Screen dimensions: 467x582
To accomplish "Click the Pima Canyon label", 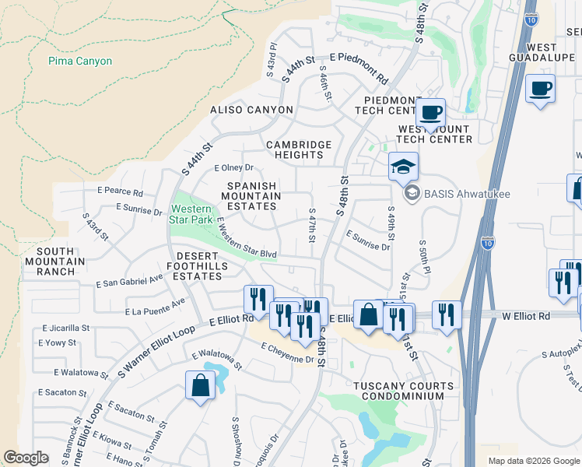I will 80,61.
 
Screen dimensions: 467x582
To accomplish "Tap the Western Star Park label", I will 191,215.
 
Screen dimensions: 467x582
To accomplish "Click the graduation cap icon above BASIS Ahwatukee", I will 403,167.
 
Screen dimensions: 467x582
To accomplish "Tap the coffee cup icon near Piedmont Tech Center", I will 429,112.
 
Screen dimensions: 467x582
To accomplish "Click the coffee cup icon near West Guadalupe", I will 540,89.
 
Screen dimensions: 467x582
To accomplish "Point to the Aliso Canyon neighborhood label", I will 251,111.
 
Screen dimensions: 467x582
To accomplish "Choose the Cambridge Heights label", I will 299,149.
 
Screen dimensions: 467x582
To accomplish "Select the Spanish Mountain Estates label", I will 251,196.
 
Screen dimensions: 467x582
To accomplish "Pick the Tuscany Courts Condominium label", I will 403,392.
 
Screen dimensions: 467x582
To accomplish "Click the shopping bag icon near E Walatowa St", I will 200,384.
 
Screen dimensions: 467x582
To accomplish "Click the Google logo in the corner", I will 26,458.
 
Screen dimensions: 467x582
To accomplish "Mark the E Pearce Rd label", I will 121,191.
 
